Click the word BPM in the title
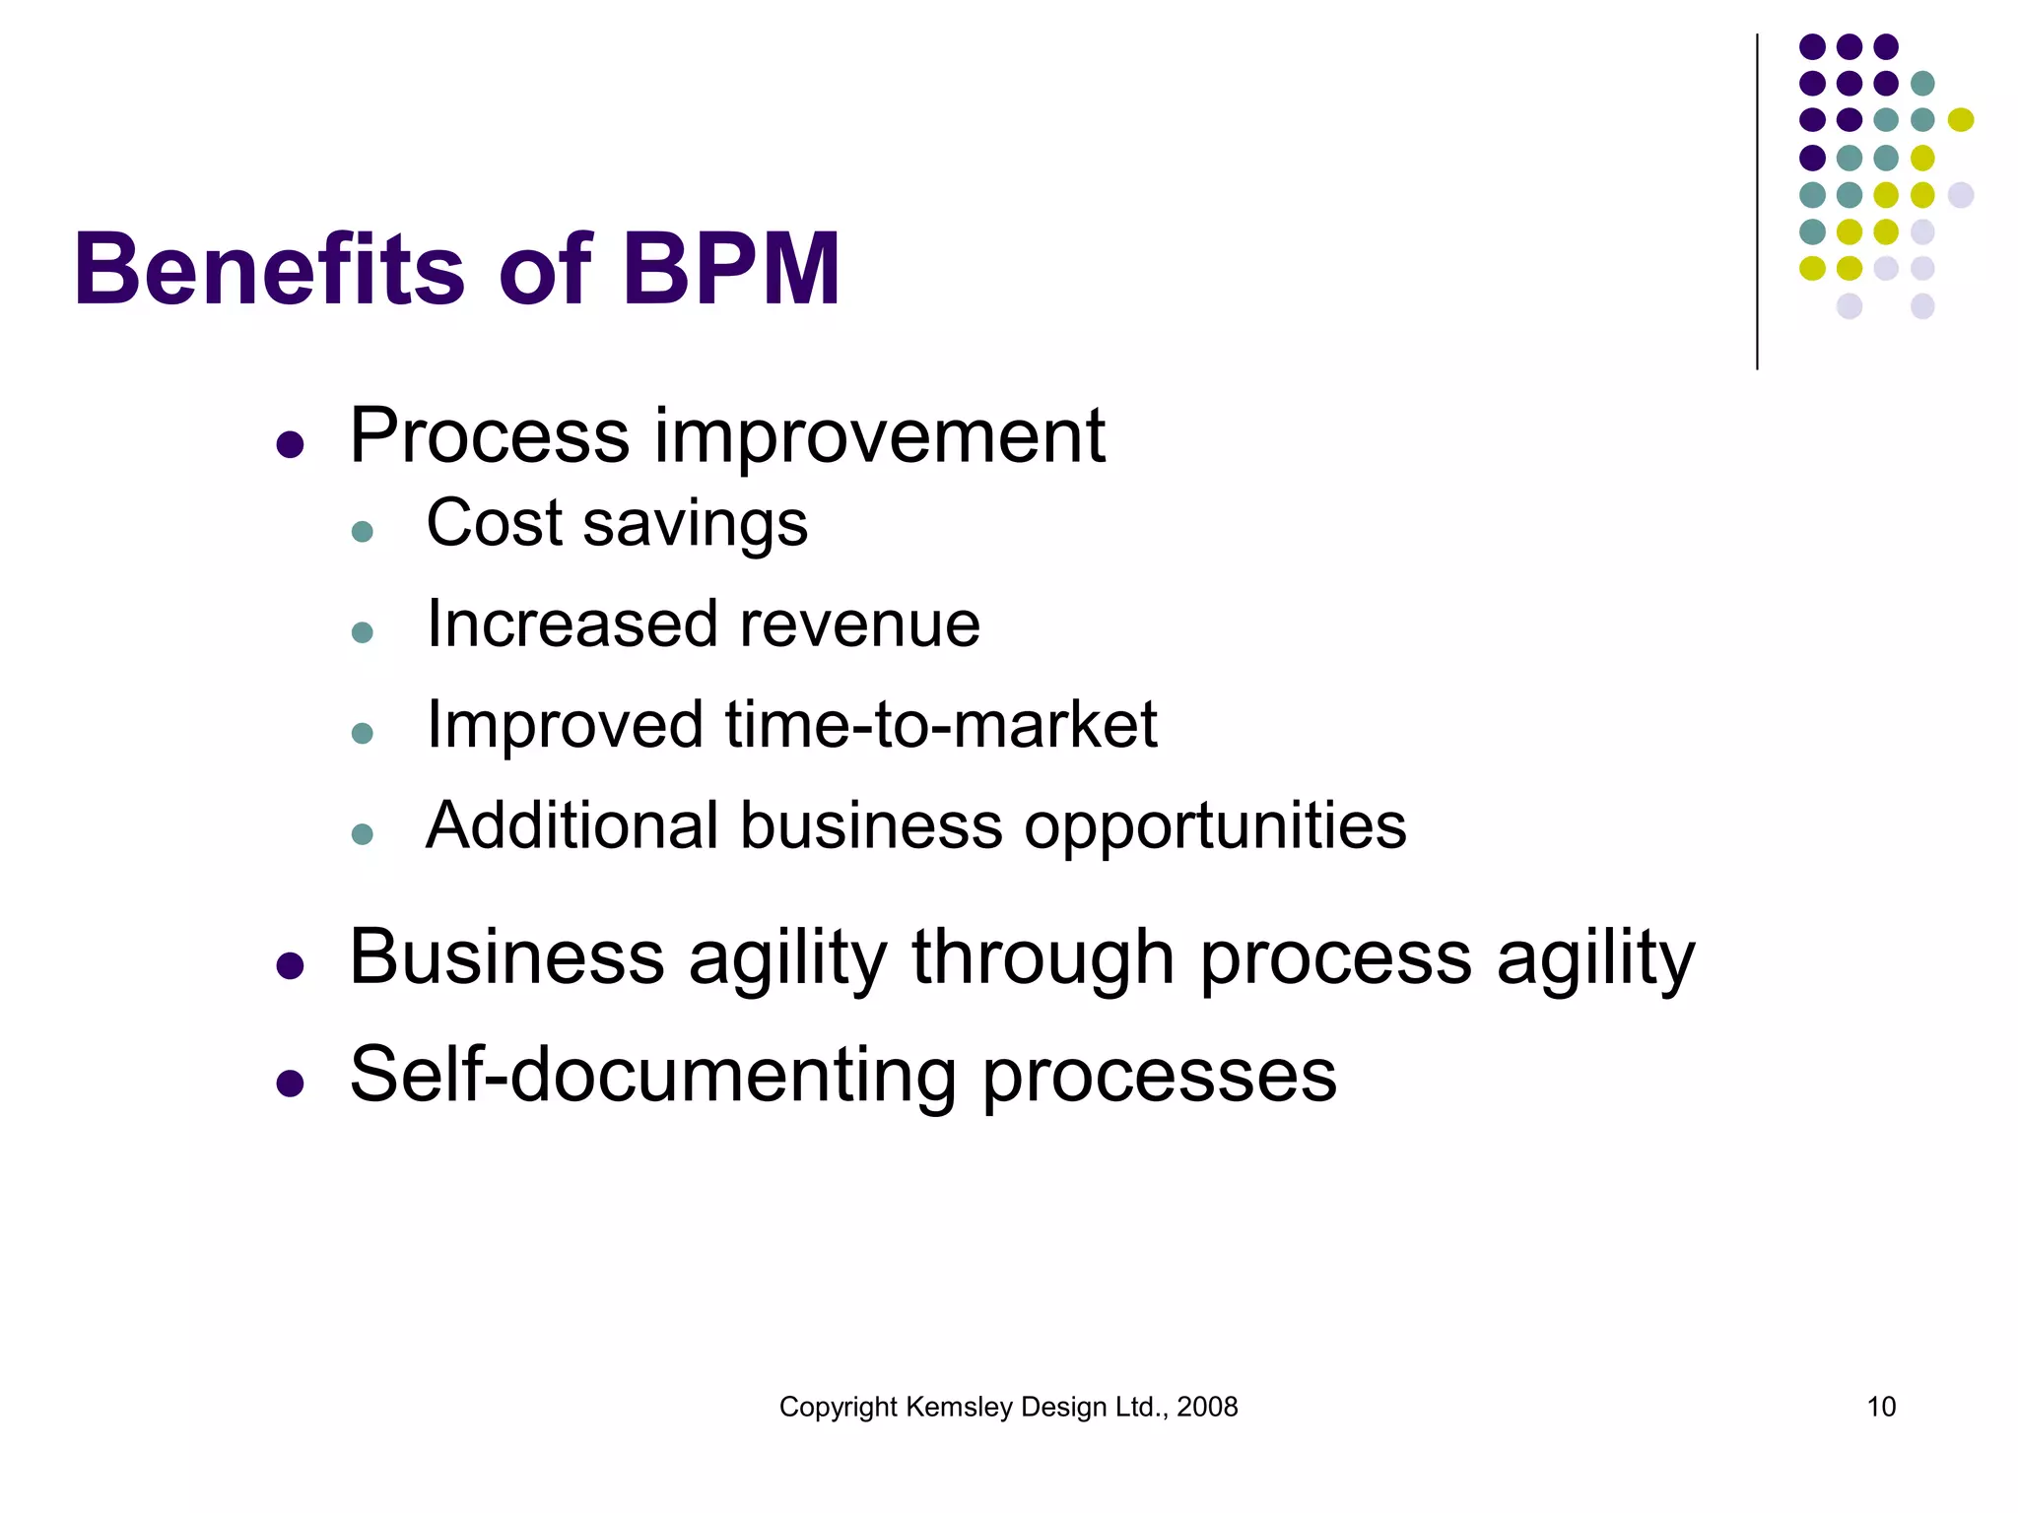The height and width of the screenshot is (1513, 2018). (x=731, y=269)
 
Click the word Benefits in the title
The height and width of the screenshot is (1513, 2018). (x=268, y=269)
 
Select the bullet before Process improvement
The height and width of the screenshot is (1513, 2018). (x=290, y=445)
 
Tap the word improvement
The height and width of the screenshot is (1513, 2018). (x=879, y=436)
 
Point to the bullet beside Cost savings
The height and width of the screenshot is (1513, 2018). (x=363, y=532)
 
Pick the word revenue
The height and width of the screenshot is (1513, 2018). (x=859, y=625)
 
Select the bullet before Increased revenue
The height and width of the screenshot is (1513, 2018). (x=363, y=632)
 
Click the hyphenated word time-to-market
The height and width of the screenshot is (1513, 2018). (x=940, y=725)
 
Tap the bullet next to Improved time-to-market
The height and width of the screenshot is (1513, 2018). (x=363, y=733)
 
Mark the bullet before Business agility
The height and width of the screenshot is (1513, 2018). (x=290, y=966)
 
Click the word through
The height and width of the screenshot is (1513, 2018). (x=1043, y=958)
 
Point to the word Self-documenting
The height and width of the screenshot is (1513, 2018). (x=652, y=1075)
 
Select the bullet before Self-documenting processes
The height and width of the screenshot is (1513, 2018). (x=290, y=1084)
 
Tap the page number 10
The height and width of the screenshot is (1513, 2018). (x=1881, y=1407)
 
